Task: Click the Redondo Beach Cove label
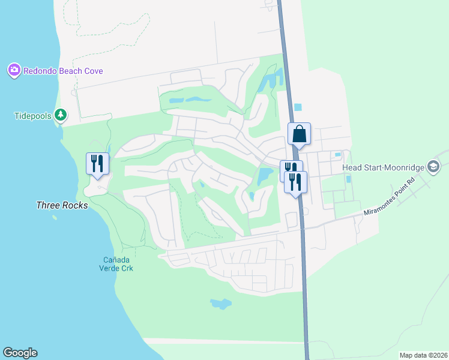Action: point(63,71)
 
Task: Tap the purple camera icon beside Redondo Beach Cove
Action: point(14,71)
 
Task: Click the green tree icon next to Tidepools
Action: point(60,114)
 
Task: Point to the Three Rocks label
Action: point(62,205)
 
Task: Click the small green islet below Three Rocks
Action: point(54,217)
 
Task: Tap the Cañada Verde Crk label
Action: point(116,263)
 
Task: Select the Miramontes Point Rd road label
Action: point(390,205)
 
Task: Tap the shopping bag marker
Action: point(299,134)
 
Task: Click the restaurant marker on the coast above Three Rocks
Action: point(97,163)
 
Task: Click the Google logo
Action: point(20,353)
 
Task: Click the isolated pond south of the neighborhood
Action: point(220,304)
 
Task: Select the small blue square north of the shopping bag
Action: point(298,107)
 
